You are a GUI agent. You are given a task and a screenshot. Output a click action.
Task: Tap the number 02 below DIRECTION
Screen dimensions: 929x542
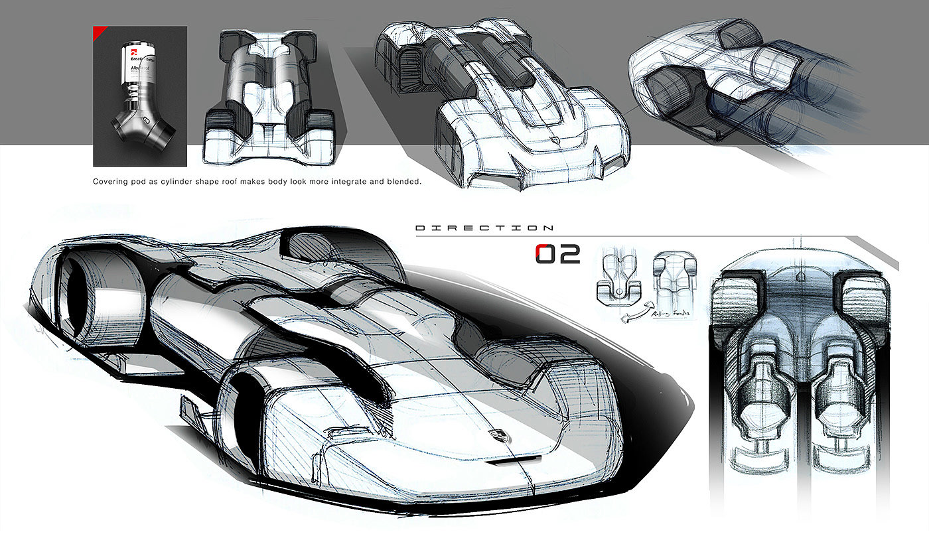557,253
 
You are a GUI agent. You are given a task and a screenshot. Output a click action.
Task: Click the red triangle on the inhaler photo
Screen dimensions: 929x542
100,32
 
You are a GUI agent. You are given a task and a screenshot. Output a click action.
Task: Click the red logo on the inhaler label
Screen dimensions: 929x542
132,50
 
